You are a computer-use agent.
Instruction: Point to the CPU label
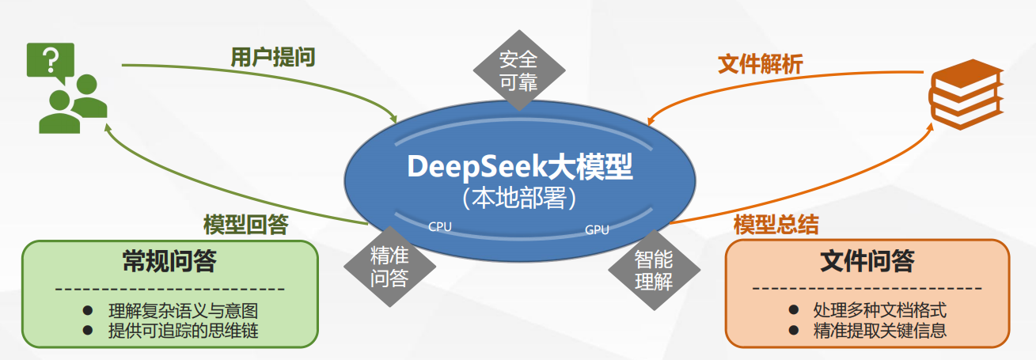coord(440,226)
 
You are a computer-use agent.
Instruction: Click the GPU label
coord(597,230)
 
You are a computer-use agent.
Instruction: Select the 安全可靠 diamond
coord(518,70)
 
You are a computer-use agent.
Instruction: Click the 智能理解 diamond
coord(654,270)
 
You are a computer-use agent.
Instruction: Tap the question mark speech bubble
coord(51,60)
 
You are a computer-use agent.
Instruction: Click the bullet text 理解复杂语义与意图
coord(182,311)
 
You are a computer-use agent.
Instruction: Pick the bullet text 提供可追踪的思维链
coord(182,331)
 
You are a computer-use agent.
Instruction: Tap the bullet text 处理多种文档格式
coord(879,310)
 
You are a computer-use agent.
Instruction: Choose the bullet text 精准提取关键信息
coord(879,331)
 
